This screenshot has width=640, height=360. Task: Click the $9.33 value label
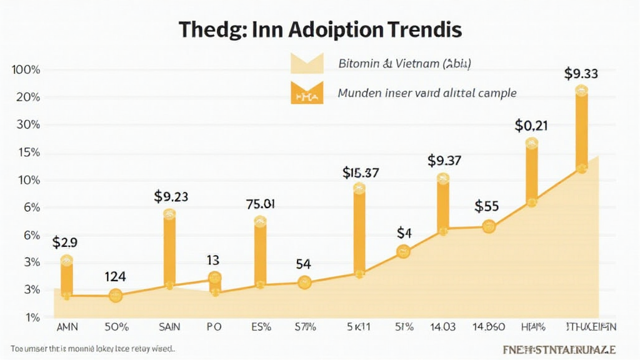581,74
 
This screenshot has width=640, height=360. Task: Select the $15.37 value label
361,172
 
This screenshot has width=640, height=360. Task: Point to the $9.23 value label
171,197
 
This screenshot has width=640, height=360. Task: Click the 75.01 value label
261,203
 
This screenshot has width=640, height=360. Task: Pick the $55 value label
486,206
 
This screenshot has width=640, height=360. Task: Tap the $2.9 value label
65,242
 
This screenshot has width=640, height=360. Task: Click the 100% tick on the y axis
26,70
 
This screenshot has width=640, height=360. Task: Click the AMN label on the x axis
67,326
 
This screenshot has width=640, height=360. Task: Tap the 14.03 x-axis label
443,326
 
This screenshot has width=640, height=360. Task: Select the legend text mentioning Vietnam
405,63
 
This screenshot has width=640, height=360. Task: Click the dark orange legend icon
306,93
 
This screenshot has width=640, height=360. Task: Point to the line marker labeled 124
116,296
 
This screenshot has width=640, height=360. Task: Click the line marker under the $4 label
404,252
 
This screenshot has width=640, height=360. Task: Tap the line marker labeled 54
304,282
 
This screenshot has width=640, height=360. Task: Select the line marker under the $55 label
489,226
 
